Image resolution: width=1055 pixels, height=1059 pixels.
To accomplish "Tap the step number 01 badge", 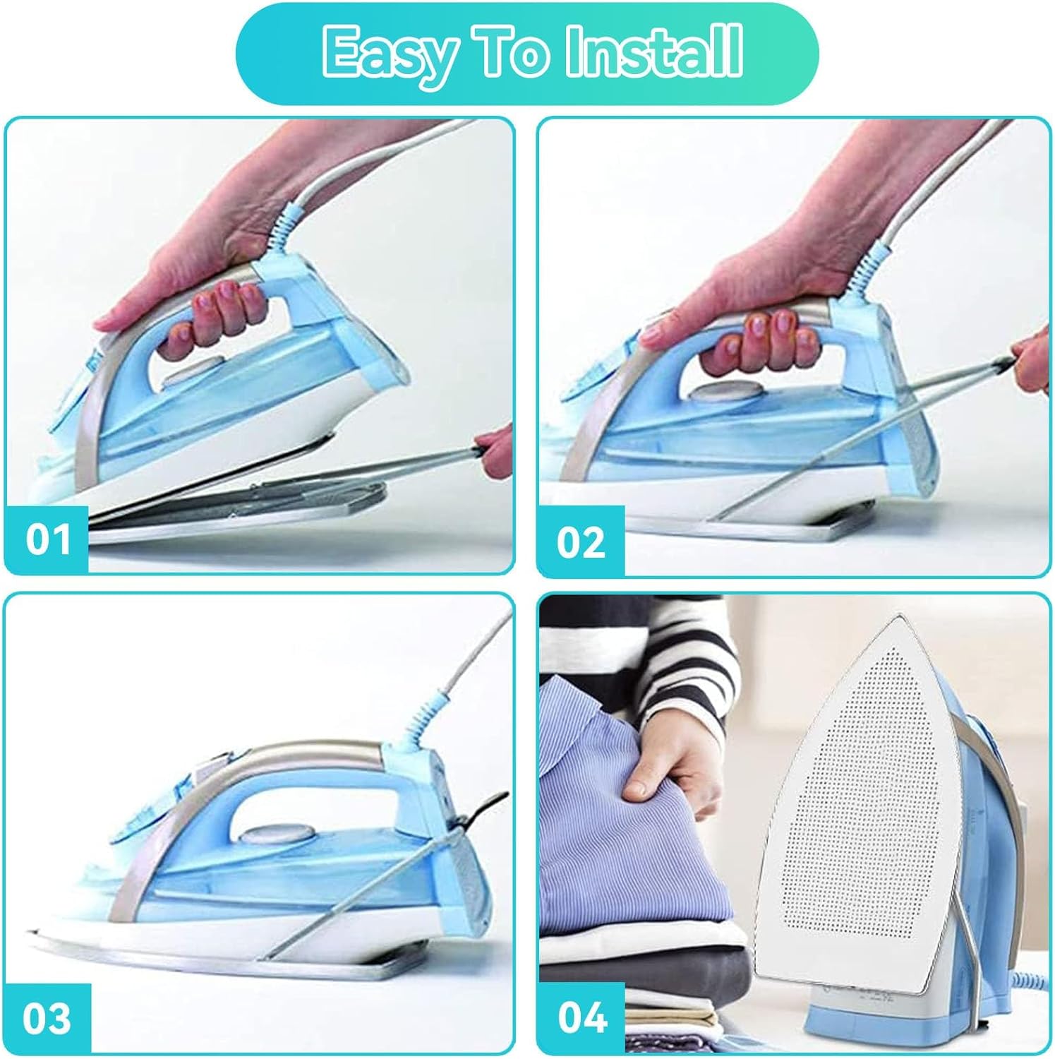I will pyautogui.click(x=47, y=539).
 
